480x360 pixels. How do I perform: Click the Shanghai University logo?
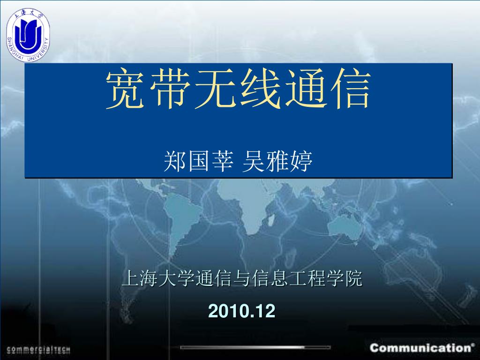[28, 35]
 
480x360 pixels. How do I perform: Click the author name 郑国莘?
[199, 161]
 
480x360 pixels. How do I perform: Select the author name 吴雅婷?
[277, 161]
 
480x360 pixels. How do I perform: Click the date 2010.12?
[242, 311]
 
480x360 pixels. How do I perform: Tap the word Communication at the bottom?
[420, 348]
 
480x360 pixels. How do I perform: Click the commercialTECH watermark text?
[38, 350]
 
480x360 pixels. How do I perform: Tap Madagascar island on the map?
[270, 219]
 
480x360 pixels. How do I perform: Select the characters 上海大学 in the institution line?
[158, 278]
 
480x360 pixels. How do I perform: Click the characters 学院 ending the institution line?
[345, 278]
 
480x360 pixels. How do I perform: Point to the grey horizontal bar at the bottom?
[255, 347]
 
